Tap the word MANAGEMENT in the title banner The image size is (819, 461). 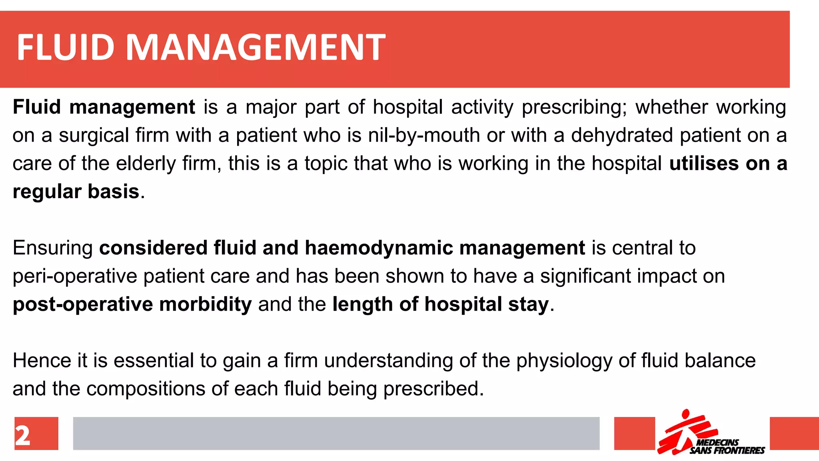tap(256, 47)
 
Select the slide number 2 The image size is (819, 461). tap(23, 435)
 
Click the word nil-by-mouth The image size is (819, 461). tap(424, 135)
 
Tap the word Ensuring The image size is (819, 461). tap(53, 248)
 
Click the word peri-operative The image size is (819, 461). tap(75, 276)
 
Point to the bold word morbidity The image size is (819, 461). tap(206, 304)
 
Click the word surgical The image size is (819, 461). tap(94, 135)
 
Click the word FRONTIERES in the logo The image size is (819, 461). tap(739, 451)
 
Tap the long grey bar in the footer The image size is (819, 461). tap(336, 433)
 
